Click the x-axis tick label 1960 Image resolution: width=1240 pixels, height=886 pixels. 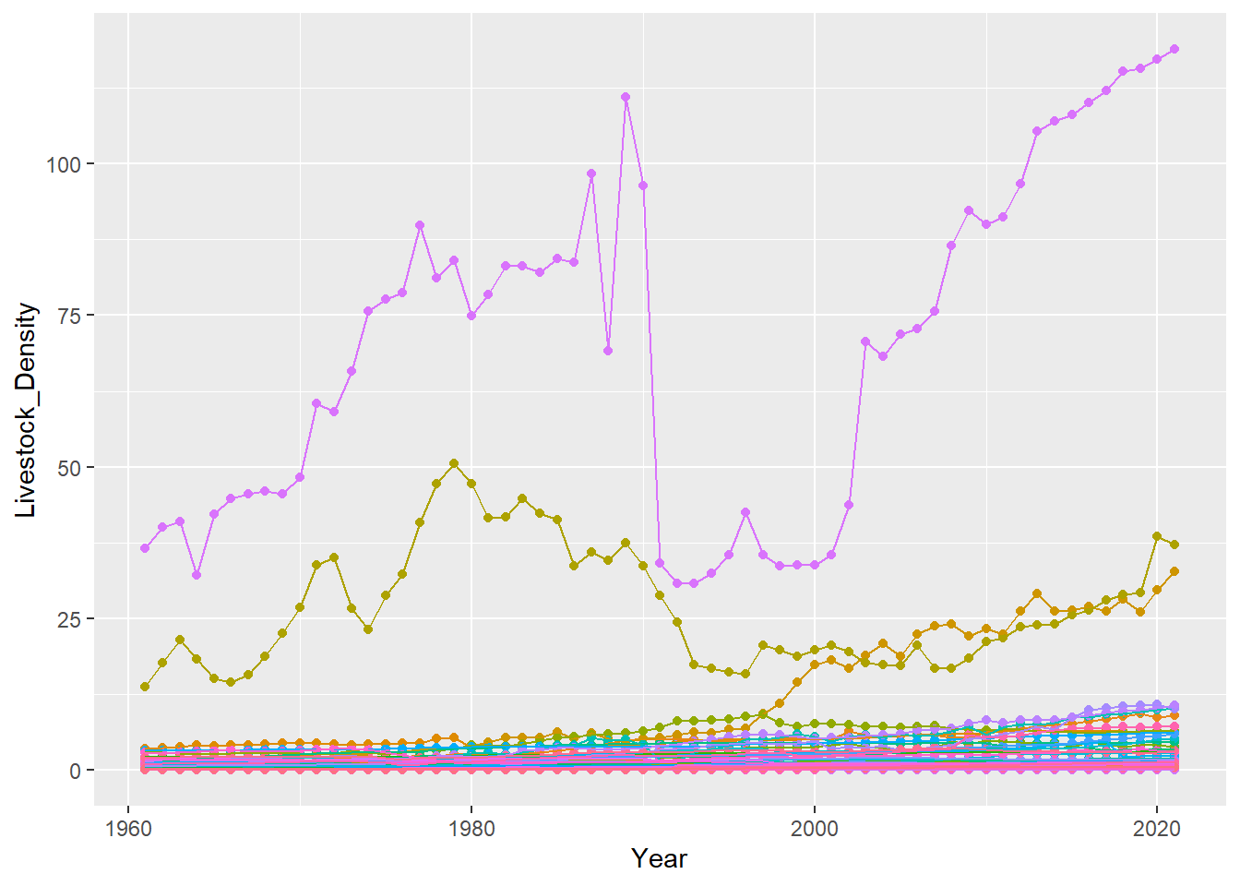click(128, 828)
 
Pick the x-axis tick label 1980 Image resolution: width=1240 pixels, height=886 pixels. click(471, 828)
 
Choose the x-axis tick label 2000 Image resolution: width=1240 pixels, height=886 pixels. click(815, 828)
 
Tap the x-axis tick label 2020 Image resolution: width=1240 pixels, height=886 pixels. click(1157, 828)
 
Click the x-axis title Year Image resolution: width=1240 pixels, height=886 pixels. click(659, 859)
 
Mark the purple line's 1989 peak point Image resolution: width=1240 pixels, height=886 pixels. click(626, 97)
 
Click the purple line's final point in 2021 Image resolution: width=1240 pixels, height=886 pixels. click(1174, 49)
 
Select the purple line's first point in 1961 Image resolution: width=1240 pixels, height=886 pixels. click(145, 548)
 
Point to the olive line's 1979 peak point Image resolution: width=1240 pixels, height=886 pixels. click(454, 463)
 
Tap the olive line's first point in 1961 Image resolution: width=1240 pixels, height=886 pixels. click(145, 687)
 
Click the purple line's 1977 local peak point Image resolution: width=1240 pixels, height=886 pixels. click(420, 225)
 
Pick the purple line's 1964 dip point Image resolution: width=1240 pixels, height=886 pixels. click(197, 575)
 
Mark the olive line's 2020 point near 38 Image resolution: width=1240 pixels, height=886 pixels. click(1157, 536)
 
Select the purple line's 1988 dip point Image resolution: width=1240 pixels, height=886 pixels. click(608, 351)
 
